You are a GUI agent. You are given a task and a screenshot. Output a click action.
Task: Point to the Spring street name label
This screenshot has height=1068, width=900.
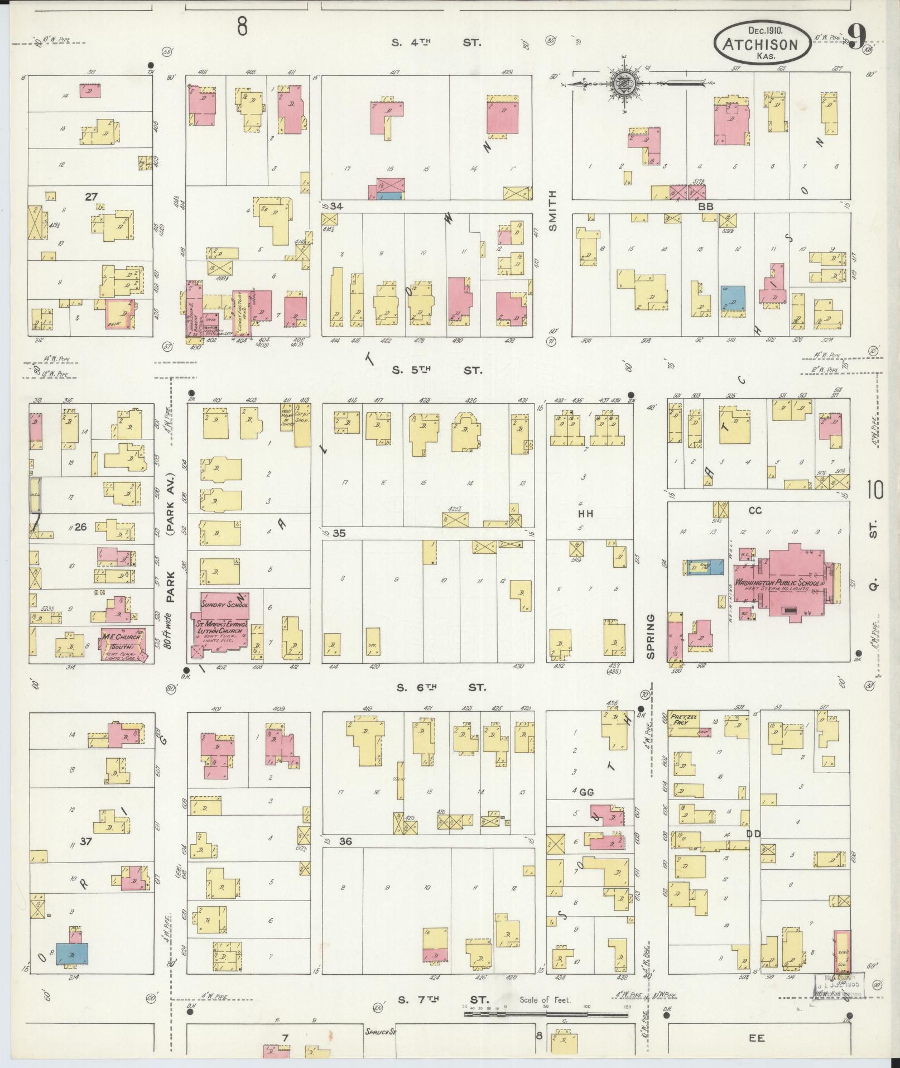coord(651,636)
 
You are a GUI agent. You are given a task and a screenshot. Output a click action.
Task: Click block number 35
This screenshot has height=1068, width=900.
coord(339,533)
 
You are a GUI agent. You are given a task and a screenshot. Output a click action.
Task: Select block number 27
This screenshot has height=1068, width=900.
coord(92,197)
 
